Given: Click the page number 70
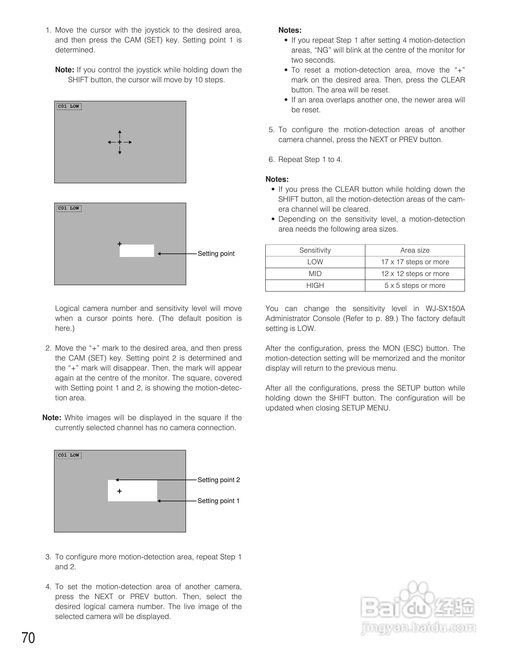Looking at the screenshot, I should (x=28, y=638).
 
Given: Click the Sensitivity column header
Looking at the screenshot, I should (x=315, y=250).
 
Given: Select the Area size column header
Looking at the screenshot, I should (x=415, y=250).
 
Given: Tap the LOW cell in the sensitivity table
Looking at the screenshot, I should (x=315, y=262).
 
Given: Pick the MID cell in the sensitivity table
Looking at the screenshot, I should (x=315, y=274).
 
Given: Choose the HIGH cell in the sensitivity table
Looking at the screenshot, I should (x=315, y=285).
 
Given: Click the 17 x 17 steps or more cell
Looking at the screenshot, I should (x=415, y=262).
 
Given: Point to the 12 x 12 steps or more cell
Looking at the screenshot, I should (x=415, y=274).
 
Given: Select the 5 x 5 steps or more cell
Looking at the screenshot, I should (x=415, y=285).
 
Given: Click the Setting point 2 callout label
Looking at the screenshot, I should (x=219, y=480).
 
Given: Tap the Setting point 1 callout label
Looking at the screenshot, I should (x=218, y=501).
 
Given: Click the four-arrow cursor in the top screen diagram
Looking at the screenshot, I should (x=120, y=142).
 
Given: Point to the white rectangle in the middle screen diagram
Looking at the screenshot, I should (x=137, y=251).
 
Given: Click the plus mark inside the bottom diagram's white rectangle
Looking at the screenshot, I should (x=120, y=491).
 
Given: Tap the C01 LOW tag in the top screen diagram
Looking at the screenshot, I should (x=69, y=106).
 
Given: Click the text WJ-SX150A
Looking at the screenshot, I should (x=445, y=309).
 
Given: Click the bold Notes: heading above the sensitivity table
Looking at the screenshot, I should (x=277, y=179).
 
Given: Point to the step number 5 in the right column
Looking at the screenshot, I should (x=271, y=130).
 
